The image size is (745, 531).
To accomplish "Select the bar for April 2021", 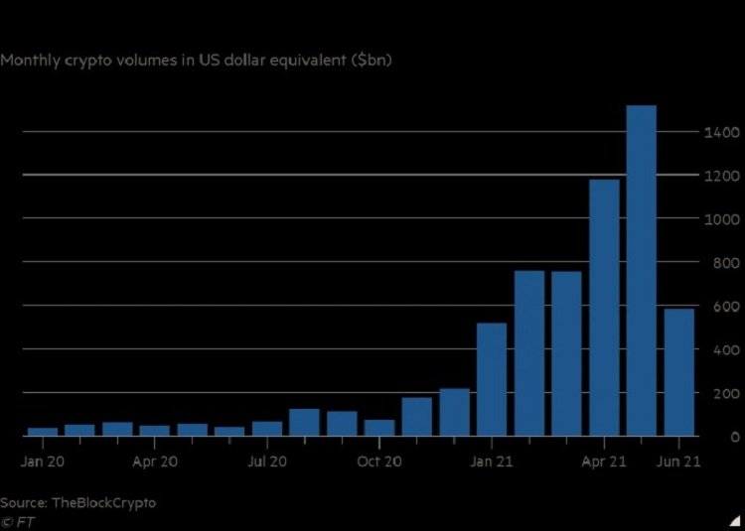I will click(604, 308).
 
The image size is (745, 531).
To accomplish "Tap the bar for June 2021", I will click(678, 372).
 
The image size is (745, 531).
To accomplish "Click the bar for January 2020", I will click(42, 432).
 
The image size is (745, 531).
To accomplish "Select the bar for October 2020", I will click(379, 428).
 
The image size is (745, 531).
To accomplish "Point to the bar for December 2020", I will click(454, 412).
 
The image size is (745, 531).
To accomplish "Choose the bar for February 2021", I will click(529, 353).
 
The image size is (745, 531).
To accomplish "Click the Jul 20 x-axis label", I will click(266, 462).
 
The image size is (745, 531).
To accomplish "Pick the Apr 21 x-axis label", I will click(604, 462).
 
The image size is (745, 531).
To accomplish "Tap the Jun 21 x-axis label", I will click(679, 462).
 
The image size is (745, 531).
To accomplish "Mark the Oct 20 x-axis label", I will click(378, 462).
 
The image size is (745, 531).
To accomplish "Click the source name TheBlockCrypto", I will click(104, 502).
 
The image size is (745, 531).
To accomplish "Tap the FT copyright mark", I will click(16, 520).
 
